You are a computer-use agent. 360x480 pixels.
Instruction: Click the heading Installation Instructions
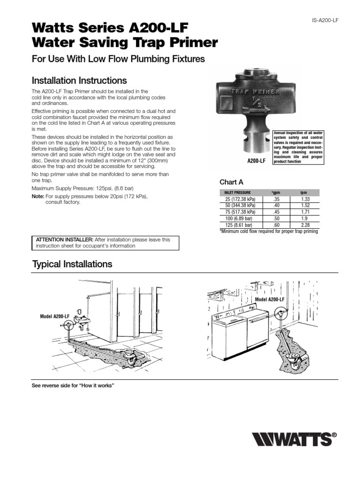point(79,80)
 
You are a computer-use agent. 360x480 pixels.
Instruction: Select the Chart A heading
point(232,182)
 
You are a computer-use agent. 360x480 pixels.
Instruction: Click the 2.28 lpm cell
point(305,225)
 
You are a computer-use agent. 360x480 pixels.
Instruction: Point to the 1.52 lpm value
point(305,205)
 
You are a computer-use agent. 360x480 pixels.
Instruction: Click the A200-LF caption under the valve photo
point(257,161)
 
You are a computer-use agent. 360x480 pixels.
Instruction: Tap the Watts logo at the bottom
point(294,440)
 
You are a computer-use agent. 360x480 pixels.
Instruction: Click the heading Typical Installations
point(72,264)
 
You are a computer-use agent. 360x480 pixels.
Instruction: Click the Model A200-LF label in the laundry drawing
point(270,299)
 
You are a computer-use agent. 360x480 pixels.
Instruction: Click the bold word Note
point(37,196)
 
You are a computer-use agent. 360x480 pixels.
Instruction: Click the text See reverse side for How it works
point(73,385)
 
